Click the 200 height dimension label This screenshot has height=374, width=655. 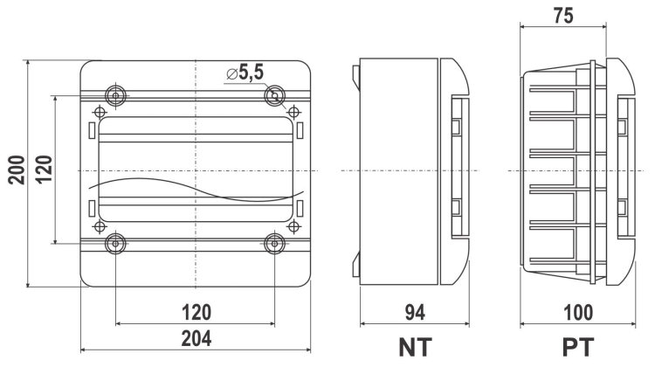tap(17, 170)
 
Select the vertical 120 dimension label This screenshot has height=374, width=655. tap(44, 169)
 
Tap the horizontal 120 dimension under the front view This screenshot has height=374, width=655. tap(196, 312)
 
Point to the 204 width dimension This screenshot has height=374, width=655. tap(196, 338)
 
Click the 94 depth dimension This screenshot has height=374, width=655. tap(415, 312)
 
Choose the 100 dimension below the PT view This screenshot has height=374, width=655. tap(578, 312)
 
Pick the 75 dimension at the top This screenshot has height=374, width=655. tap(563, 16)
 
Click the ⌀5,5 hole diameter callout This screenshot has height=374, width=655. tap(245, 73)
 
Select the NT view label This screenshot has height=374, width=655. tap(415, 347)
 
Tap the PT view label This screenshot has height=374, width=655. tap(578, 347)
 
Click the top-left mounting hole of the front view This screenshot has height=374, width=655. tap(115, 96)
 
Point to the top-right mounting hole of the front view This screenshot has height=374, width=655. tap(275, 96)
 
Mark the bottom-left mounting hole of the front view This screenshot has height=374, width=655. tap(115, 243)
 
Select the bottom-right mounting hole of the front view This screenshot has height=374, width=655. tap(275, 243)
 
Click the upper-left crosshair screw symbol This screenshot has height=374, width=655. tap(100, 112)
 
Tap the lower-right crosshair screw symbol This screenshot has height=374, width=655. tap(294, 226)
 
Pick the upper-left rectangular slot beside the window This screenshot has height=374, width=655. tap(92, 130)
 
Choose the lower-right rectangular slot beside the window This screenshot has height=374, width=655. tap(300, 208)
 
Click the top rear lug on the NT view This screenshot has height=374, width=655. tap(356, 77)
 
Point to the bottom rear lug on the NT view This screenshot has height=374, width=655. tap(356, 265)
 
